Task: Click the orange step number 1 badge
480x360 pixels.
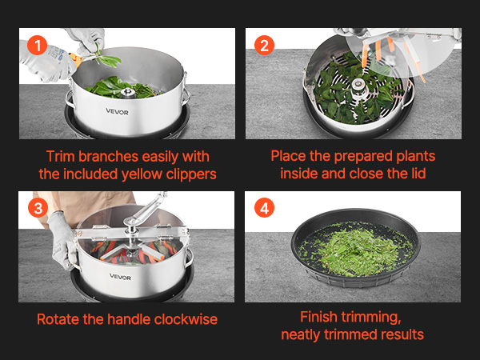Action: tap(37, 46)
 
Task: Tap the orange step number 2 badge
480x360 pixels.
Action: tap(264, 46)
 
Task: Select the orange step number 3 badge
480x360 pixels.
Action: tap(38, 207)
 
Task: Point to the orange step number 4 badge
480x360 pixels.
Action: tap(264, 207)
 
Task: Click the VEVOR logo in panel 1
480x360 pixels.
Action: tap(118, 112)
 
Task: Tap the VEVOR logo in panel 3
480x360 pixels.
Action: tap(120, 277)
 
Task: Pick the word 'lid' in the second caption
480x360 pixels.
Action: tap(418, 174)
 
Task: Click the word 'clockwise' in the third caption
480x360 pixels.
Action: tap(186, 319)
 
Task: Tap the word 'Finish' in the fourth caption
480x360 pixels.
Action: tap(318, 317)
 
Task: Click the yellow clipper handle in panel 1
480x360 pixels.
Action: tap(76, 58)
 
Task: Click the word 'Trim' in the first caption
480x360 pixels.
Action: tap(60, 157)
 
